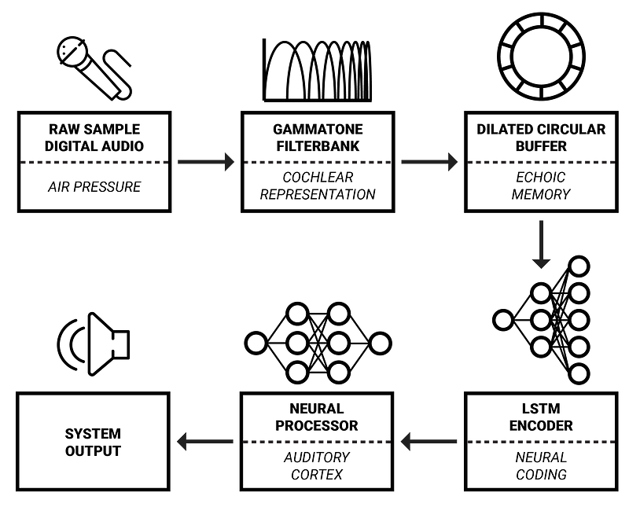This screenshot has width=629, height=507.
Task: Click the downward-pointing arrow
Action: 540,244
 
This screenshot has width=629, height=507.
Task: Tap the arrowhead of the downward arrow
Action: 540,263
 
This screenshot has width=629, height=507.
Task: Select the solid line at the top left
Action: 94,162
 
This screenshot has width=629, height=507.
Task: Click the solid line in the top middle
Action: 318,162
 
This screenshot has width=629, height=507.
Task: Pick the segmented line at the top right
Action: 541,162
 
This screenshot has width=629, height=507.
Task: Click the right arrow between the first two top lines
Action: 206,162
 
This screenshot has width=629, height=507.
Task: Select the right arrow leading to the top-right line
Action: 429,162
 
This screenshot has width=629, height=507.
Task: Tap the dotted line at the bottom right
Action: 541,442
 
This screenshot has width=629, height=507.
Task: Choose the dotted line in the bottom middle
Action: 318,442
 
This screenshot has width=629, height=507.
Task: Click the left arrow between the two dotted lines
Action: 429,442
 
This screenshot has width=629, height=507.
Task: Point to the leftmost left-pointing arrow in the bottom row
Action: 204,442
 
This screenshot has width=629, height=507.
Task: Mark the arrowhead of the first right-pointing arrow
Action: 229,162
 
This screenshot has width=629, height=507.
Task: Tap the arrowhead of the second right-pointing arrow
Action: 452,162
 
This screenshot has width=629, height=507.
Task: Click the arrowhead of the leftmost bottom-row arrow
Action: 182,442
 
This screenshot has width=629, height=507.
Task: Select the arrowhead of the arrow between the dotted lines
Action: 406,442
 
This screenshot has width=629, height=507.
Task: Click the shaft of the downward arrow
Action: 540,236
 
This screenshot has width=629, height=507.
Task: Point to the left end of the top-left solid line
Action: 24,162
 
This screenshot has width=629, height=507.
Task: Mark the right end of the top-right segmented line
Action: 612,162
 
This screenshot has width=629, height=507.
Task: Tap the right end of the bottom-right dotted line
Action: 611,442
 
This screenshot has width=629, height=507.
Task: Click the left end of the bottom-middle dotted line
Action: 247,442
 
